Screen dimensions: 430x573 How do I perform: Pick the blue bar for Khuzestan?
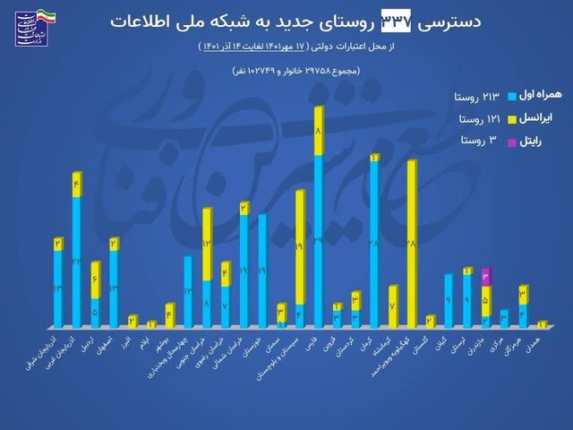click(x=262, y=270)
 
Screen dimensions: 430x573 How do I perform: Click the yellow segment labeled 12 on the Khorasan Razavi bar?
click(x=207, y=244)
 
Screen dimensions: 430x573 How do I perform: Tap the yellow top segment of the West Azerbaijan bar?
click(x=77, y=185)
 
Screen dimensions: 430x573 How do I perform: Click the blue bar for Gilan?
click(x=449, y=300)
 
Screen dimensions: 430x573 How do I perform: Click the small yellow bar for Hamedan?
click(x=542, y=323)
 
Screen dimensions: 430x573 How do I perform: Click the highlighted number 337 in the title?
click(x=393, y=20)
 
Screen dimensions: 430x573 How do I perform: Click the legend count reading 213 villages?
click(x=474, y=95)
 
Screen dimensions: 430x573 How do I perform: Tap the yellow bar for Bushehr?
click(x=169, y=315)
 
